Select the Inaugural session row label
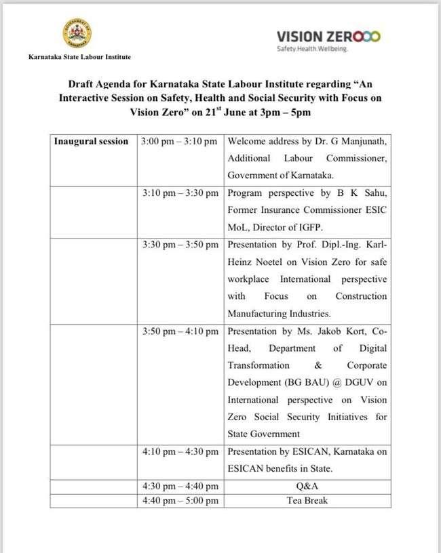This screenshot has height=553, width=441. click(x=92, y=142)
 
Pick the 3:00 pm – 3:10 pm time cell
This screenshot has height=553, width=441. click(x=179, y=142)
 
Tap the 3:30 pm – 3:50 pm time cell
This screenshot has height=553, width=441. click(x=179, y=243)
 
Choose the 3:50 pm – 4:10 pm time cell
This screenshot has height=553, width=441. click(x=179, y=331)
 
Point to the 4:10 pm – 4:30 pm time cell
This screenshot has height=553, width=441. click(x=179, y=451)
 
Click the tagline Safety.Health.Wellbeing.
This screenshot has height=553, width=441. click(x=313, y=49)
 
